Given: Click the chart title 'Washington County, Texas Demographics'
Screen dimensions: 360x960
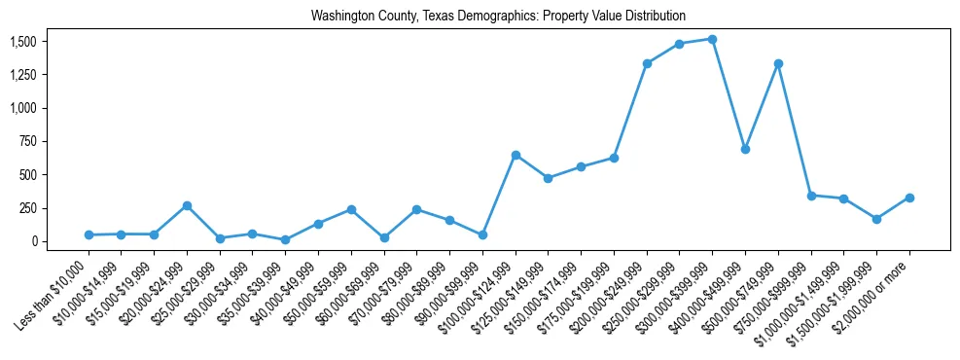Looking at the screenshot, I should [x=498, y=17].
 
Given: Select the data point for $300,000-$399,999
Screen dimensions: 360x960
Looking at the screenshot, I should [x=712, y=40].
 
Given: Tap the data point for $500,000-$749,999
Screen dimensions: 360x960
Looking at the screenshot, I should [x=778, y=64].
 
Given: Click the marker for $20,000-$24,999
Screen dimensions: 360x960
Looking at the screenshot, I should [x=187, y=205].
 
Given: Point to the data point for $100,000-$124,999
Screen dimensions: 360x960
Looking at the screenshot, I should [x=516, y=155].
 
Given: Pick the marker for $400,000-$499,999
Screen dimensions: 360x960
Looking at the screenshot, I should [x=745, y=149].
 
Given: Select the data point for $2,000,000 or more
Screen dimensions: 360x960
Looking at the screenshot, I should [x=909, y=198].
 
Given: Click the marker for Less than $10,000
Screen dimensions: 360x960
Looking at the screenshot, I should [x=89, y=234].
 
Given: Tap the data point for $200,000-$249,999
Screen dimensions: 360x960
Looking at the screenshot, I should [x=647, y=64].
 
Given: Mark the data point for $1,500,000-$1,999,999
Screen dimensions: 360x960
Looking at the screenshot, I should [x=876, y=219].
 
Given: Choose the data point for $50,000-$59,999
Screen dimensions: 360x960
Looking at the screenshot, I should [x=351, y=209].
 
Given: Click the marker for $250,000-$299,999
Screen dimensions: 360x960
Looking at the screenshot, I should [x=680, y=44].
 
